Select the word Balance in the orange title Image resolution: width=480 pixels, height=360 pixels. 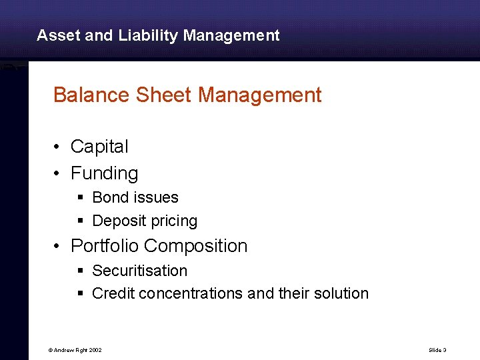click(x=91, y=95)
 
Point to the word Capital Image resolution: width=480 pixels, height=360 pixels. click(x=99, y=147)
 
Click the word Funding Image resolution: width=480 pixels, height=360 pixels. click(x=105, y=173)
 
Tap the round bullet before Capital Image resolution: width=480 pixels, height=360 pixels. click(x=59, y=147)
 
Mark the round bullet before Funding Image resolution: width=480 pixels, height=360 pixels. click(x=59, y=173)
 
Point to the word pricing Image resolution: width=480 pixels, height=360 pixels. click(x=173, y=221)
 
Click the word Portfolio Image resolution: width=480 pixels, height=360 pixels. click(x=105, y=246)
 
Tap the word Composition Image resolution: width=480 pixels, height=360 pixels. click(x=196, y=246)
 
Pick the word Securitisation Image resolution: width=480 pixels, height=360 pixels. click(x=140, y=271)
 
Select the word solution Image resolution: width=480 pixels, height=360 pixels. click(x=341, y=293)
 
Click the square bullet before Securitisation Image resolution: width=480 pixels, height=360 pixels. click(x=79, y=271)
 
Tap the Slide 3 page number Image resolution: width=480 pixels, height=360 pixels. click(x=437, y=350)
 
